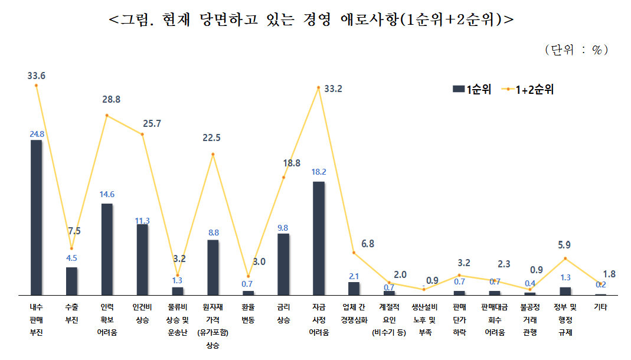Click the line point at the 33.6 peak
(37, 85)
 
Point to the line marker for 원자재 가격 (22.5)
(213, 155)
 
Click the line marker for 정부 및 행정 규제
(565, 258)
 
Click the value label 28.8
(110, 100)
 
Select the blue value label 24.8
(37, 134)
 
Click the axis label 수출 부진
(71, 313)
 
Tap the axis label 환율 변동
(248, 313)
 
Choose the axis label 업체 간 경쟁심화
(354, 313)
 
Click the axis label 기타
(600, 307)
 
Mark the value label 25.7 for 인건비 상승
(152, 124)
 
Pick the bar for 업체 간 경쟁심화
(354, 288)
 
